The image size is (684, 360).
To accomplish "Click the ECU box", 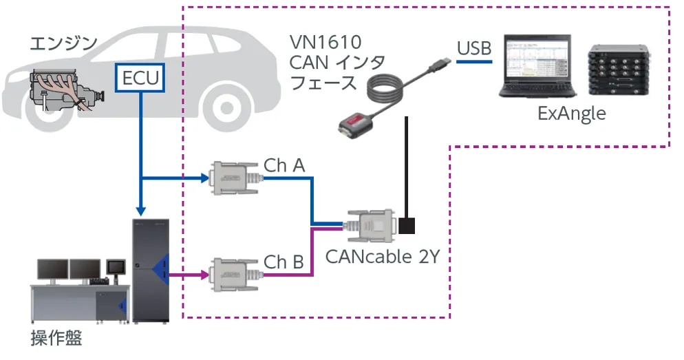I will (x=140, y=78).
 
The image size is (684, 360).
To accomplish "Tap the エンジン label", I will (x=63, y=44).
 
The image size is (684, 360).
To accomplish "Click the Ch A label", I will (x=284, y=166).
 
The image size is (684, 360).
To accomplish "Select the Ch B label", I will (x=284, y=262).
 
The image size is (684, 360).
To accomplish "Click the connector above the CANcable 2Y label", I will (x=372, y=225).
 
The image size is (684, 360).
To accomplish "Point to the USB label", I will (x=474, y=48).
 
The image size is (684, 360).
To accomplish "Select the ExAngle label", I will (x=572, y=114).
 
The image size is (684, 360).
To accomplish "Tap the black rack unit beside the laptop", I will (x=619, y=70).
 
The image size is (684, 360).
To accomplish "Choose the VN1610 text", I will (x=325, y=43).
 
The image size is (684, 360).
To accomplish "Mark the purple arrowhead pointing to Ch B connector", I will (x=204, y=275).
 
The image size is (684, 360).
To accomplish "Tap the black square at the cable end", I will (x=408, y=225).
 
